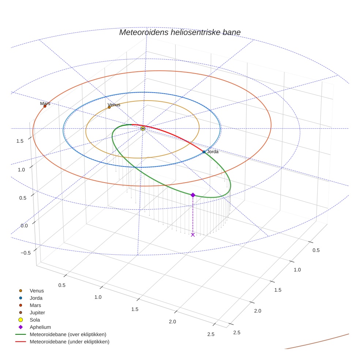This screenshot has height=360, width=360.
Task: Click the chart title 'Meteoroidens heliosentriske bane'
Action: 180,32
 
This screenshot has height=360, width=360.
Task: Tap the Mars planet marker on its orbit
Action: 45,106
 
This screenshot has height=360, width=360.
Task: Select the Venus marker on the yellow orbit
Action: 109,107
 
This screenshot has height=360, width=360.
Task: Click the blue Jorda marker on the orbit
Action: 204,152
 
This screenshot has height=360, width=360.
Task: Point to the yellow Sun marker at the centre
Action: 143,128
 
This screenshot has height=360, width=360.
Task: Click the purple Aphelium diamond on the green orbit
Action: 193,195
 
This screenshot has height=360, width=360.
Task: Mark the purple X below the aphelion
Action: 193,235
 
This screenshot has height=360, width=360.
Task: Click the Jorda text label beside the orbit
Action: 213,151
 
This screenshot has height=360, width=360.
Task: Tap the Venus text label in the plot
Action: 114,105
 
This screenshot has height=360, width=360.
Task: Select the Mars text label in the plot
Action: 45,104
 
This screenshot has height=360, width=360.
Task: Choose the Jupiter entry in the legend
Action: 37,312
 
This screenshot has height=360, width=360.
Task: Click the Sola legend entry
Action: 35,320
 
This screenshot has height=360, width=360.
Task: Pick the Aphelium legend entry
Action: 40,327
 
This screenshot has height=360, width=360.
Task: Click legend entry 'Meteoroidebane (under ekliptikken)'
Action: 70,342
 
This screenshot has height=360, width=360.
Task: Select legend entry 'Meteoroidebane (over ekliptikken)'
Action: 68,334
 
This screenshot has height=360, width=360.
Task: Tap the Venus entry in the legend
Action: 37,290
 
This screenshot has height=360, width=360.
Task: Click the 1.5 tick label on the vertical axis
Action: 20,141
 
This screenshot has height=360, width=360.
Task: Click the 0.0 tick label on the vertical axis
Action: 24,225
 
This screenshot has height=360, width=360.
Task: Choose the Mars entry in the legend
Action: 35,305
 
